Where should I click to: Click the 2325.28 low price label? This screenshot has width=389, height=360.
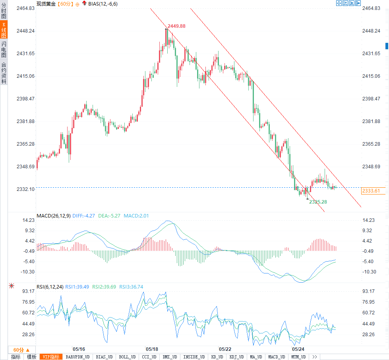(x=318, y=202)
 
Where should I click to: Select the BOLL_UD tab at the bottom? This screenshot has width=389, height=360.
(x=127, y=357)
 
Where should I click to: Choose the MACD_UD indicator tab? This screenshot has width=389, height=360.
(x=276, y=357)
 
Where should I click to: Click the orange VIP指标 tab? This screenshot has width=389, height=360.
(x=52, y=357)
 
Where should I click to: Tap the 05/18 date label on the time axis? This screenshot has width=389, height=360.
(x=152, y=349)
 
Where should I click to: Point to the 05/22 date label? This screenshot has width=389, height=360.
(x=225, y=349)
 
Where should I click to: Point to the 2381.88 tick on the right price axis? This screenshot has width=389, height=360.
(x=372, y=121)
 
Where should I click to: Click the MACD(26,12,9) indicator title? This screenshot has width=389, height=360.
(x=53, y=216)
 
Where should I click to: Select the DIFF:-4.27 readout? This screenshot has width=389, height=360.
(x=83, y=216)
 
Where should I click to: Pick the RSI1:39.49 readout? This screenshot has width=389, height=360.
(x=78, y=287)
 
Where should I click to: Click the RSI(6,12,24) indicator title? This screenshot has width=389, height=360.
(x=50, y=287)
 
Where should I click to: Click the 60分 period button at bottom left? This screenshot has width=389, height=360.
(x=21, y=350)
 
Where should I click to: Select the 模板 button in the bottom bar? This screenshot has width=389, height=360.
(x=32, y=357)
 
